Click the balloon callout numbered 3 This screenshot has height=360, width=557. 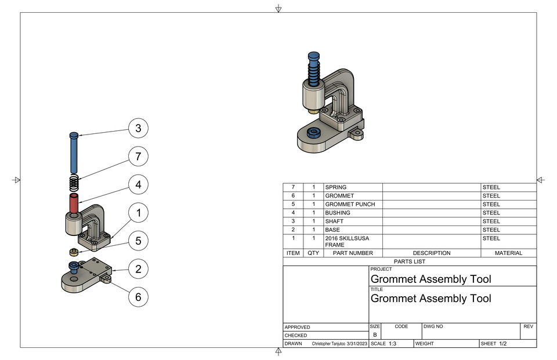138,128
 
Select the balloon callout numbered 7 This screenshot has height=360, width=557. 138,157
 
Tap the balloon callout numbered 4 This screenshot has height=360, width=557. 138,185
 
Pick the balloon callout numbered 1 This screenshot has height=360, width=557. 138,213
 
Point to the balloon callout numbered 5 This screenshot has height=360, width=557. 138,241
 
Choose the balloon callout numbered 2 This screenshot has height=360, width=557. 138,269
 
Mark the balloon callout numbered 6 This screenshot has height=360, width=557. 138,297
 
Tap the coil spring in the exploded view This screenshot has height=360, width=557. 74,183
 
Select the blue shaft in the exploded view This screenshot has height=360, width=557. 74,154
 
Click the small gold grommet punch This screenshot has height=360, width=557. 74,252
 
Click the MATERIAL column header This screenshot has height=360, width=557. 508,253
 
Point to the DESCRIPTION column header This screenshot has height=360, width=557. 431,253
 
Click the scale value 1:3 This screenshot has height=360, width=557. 392,344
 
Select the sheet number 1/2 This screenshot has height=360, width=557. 502,344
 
